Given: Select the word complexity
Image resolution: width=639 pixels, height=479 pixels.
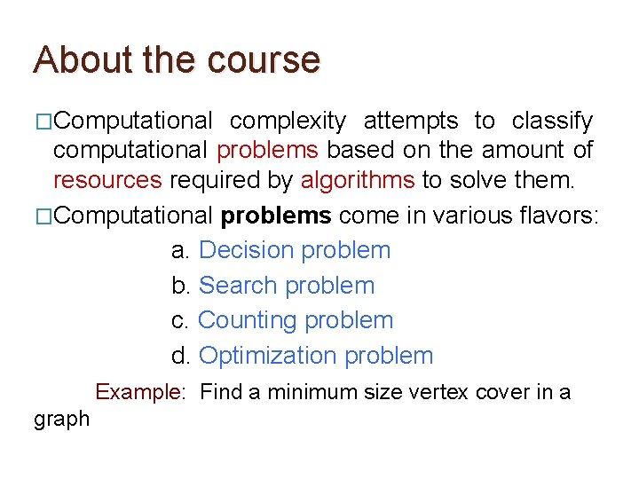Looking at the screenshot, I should click(x=288, y=121).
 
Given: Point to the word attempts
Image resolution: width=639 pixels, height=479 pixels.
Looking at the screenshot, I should click(x=411, y=121).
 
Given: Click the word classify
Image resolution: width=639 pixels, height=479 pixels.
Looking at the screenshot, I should click(x=552, y=121).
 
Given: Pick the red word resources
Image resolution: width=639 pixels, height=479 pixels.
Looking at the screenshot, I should click(x=107, y=181).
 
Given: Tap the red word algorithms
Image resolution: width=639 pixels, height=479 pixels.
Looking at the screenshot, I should click(x=358, y=181).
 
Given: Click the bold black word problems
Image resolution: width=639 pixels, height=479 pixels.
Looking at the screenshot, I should click(x=276, y=216).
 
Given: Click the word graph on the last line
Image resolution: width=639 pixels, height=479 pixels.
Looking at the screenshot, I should click(x=62, y=420).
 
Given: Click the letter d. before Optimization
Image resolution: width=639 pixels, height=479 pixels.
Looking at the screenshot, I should click(x=181, y=356).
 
